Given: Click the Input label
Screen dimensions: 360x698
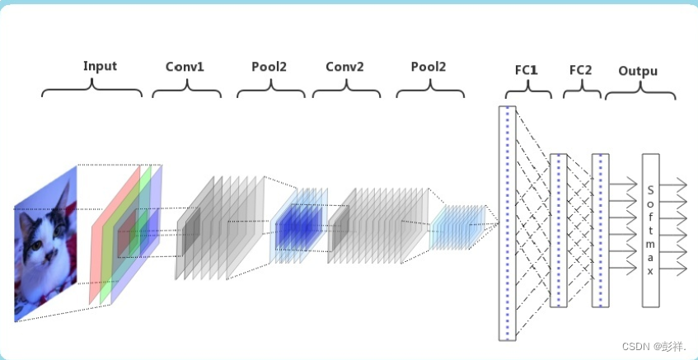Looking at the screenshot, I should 100,66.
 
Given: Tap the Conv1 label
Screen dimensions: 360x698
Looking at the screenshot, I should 185,66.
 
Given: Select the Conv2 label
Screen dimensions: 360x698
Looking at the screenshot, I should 344,66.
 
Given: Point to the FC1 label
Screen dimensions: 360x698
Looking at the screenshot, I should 527,70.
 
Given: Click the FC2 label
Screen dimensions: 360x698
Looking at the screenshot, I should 581,70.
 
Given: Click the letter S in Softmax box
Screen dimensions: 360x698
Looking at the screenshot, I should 651,188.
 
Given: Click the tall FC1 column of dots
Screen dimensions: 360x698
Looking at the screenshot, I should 507,222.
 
